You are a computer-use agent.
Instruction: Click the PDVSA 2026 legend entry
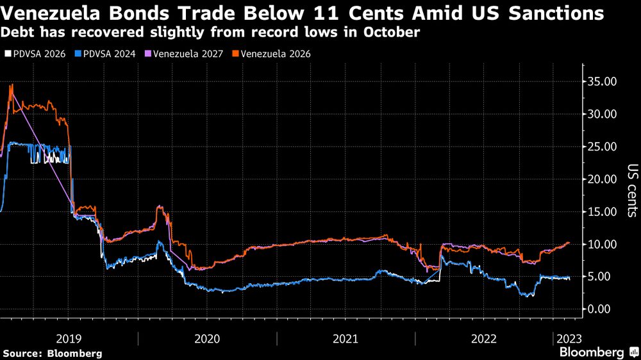tap(33, 54)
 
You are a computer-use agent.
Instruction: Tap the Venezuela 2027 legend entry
tap(183, 54)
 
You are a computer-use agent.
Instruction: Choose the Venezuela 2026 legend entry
tap(270, 54)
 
